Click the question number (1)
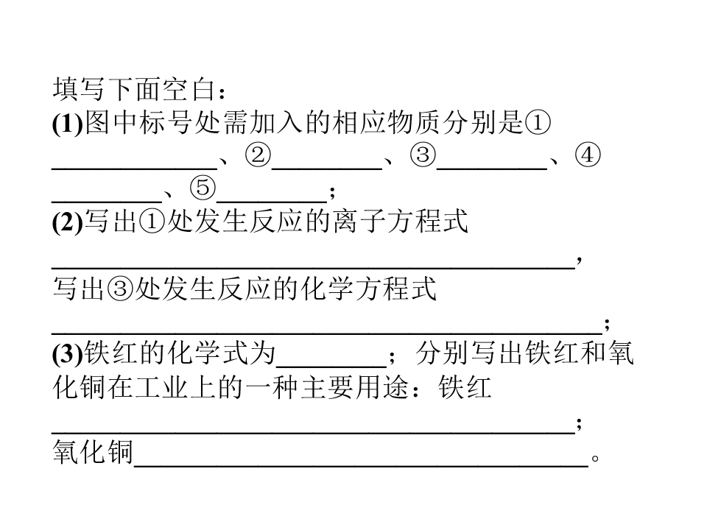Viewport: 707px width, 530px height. [68, 122]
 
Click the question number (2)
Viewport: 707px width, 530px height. [68, 222]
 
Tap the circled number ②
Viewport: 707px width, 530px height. [258, 155]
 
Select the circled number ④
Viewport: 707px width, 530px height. [588, 155]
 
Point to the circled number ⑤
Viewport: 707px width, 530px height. [203, 188]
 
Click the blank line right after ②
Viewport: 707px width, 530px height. [327, 169]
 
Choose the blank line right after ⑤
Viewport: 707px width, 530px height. [272, 202]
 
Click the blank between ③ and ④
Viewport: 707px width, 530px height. [492, 169]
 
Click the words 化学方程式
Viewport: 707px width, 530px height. [369, 288]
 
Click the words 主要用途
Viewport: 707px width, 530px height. [355, 387]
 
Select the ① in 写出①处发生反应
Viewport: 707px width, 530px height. [152, 222]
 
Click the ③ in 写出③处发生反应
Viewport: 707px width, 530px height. [120, 288]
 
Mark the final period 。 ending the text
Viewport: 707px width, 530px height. [595, 459]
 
